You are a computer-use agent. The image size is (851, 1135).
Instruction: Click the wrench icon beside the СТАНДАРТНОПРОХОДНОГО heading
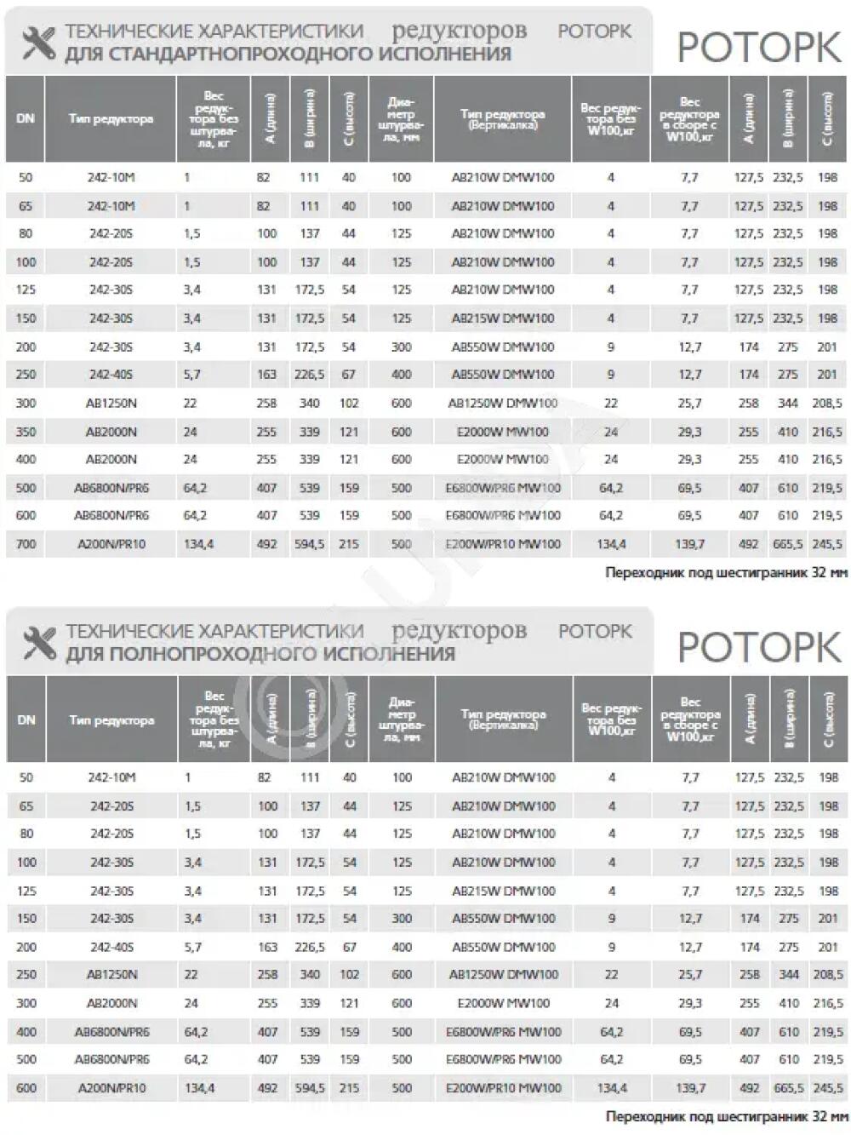[x=38, y=43]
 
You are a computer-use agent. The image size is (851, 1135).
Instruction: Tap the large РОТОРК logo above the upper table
[x=758, y=49]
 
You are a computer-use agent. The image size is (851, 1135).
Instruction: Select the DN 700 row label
[x=26, y=543]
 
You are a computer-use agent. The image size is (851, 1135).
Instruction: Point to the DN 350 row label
[x=26, y=432]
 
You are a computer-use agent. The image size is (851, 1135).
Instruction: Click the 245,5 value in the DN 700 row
[x=827, y=543]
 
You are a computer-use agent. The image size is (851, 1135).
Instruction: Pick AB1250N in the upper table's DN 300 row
[x=111, y=404]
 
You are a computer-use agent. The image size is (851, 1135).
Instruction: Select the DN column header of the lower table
[x=26, y=719]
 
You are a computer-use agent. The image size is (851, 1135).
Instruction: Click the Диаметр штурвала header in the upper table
[x=401, y=119]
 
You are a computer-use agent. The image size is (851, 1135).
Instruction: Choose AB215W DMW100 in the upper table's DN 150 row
[x=502, y=318]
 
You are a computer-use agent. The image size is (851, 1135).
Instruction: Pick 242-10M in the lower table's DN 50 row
[x=111, y=777]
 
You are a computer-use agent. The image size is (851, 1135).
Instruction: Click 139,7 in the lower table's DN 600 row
[x=690, y=1087]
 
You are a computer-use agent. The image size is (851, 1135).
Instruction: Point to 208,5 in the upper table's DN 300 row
[x=827, y=404]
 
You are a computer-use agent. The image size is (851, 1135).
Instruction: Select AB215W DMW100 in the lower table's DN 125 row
[x=503, y=891]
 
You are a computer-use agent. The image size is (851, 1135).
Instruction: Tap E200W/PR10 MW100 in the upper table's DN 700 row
[x=503, y=543]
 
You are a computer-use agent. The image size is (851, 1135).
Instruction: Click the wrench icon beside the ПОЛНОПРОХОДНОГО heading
[x=38, y=644]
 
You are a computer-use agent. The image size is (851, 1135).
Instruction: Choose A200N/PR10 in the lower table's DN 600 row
[x=111, y=1087]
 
